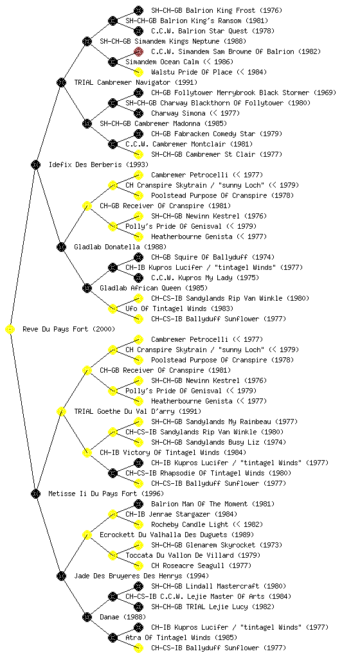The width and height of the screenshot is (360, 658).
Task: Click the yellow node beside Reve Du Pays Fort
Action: click(x=10, y=330)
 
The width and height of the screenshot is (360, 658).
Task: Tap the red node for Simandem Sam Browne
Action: click(x=138, y=51)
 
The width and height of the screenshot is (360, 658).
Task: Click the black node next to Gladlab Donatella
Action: click(x=61, y=247)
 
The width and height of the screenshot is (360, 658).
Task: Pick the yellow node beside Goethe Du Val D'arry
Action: click(x=61, y=412)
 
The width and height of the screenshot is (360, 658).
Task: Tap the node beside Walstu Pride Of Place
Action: click(x=138, y=72)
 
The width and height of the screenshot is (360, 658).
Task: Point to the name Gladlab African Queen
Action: click(x=141, y=288)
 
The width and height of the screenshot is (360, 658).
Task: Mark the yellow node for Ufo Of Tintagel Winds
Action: click(x=113, y=308)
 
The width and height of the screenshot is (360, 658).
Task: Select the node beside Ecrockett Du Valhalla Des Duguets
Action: click(x=87, y=535)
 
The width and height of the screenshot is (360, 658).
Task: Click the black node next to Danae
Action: click(x=87, y=617)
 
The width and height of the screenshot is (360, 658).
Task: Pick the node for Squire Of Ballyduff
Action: click(x=138, y=257)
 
